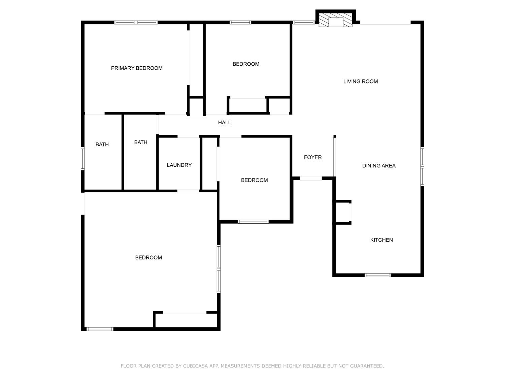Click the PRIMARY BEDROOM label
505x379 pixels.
tap(137, 68)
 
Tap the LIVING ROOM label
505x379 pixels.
tap(361, 82)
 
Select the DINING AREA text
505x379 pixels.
tap(379, 166)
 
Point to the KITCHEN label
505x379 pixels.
tap(381, 240)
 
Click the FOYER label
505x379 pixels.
tap(313, 157)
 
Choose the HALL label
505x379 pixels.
tap(225, 123)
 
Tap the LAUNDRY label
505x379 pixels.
tap(179, 165)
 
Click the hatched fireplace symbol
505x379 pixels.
tap(335, 20)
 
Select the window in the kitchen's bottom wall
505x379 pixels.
tap(377, 275)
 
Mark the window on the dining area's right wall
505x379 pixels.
tap(422, 166)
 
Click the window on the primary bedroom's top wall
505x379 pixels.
tap(136, 23)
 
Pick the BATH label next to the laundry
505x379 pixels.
tap(141, 143)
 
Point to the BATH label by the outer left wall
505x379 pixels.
tap(102, 145)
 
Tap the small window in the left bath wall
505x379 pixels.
tap(83, 158)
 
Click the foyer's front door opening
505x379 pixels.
tap(311, 178)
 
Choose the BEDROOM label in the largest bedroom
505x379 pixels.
tap(148, 258)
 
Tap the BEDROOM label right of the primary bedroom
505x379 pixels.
tap(246, 64)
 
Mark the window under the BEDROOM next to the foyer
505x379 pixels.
tap(253, 222)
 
